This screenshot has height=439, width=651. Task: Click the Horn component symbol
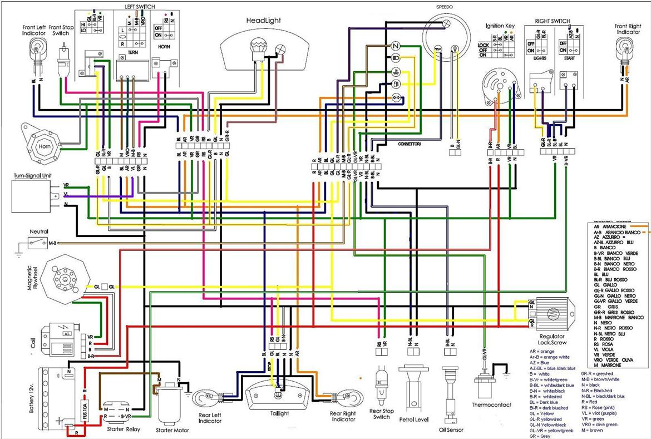click(44, 146)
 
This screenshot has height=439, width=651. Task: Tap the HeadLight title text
click(264, 21)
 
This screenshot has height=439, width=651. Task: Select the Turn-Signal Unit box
click(34, 195)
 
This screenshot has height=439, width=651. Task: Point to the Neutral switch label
click(39, 231)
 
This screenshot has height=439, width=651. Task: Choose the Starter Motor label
click(173, 430)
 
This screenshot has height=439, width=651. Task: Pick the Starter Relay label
click(123, 430)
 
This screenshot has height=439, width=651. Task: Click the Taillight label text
click(279, 413)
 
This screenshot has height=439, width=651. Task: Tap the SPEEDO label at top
click(445, 6)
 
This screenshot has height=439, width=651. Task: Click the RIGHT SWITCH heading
click(552, 21)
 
